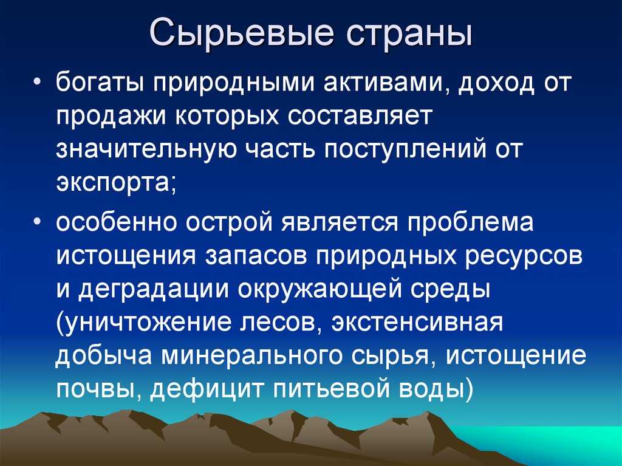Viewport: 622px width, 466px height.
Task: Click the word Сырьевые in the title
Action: (x=242, y=33)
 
